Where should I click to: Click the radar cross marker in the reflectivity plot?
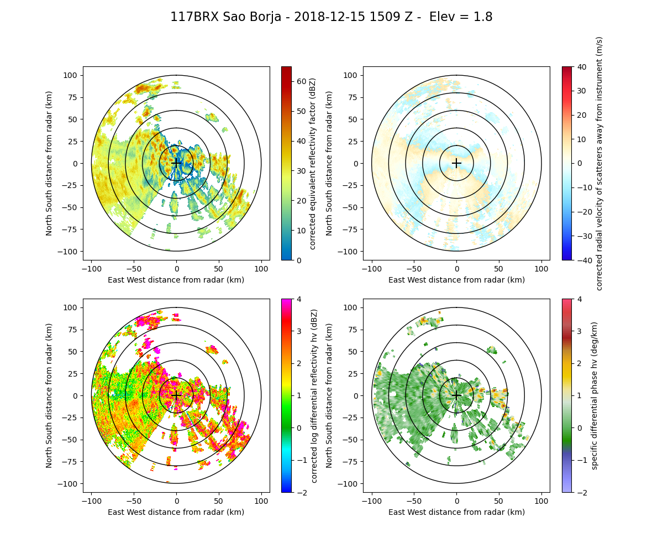pyautogui.click(x=176, y=163)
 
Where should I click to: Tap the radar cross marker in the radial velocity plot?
pyautogui.click(x=456, y=163)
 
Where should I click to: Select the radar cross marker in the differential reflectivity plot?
pyautogui.click(x=176, y=395)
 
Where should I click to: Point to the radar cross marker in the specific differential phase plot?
pyautogui.click(x=456, y=395)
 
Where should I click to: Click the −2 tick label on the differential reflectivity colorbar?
pyautogui.click(x=301, y=492)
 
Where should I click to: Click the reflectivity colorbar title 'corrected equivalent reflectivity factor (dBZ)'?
pyautogui.click(x=313, y=163)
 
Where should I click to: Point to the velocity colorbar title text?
pyautogui.click(x=599, y=163)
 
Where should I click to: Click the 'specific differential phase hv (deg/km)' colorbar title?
pyautogui.click(x=594, y=395)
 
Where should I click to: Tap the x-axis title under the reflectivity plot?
pyautogui.click(x=176, y=280)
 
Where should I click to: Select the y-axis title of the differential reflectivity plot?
pyautogui.click(x=49, y=395)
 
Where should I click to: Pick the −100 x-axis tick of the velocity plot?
pyautogui.click(x=371, y=269)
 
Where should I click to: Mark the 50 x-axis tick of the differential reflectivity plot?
pyautogui.click(x=219, y=501)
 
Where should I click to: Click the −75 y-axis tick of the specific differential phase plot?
pyautogui.click(x=351, y=461)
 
